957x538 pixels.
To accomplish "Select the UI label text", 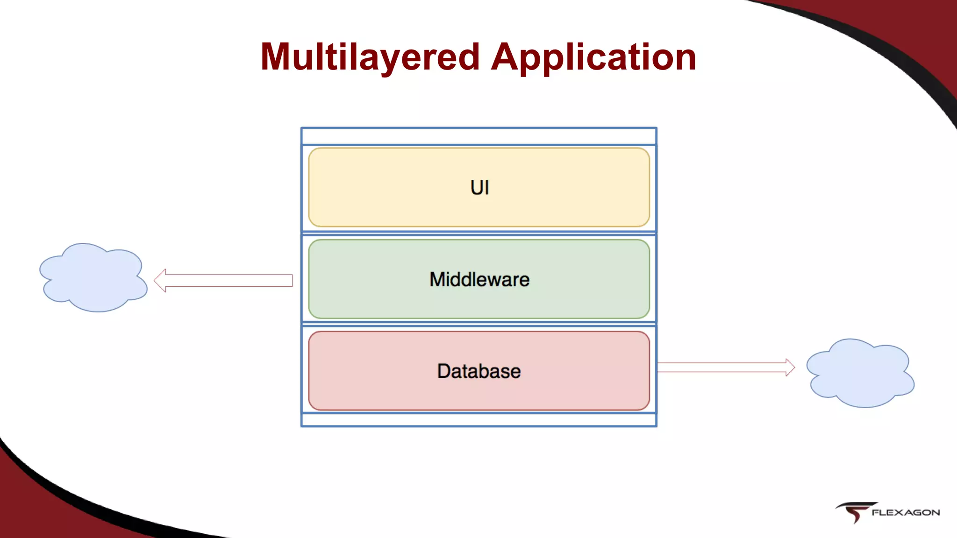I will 479,188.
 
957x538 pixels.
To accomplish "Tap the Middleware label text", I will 479,279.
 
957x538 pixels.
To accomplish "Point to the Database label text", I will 479,371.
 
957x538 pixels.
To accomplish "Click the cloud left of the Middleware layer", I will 93,278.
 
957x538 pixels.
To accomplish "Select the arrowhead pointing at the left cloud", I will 160,280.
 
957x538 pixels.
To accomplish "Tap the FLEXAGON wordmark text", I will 906,513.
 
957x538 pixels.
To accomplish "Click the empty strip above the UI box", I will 479,136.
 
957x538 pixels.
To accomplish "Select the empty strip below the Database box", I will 479,420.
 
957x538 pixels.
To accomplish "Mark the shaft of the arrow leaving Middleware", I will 229,280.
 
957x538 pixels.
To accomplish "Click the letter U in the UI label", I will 476,188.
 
